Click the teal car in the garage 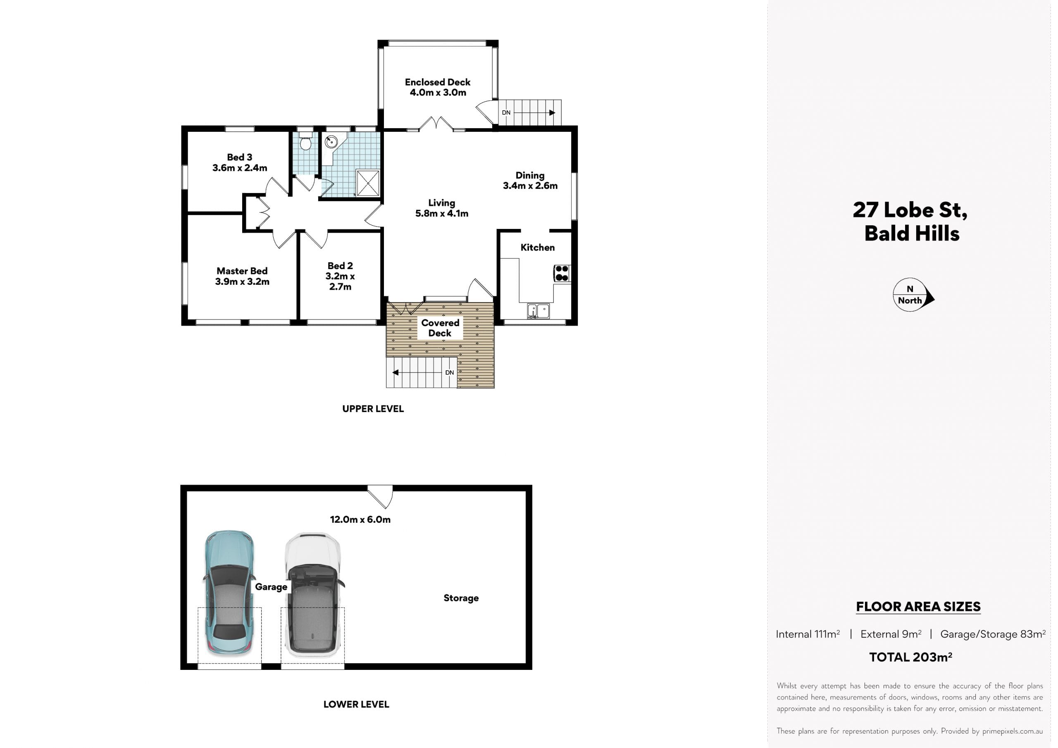point(229,593)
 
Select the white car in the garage point(313,595)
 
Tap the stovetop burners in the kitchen point(562,273)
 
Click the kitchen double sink point(538,311)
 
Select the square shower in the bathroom point(368,183)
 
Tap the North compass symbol point(913,295)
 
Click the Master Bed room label point(242,271)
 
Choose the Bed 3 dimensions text point(240,168)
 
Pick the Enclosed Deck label point(438,82)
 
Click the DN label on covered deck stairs point(449,372)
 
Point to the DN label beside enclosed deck point(506,112)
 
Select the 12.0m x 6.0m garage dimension point(360,519)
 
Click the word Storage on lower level point(461,598)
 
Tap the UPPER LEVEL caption point(373,409)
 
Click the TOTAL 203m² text point(910,657)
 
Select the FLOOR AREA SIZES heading point(918,607)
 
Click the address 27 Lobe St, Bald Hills point(910,222)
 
